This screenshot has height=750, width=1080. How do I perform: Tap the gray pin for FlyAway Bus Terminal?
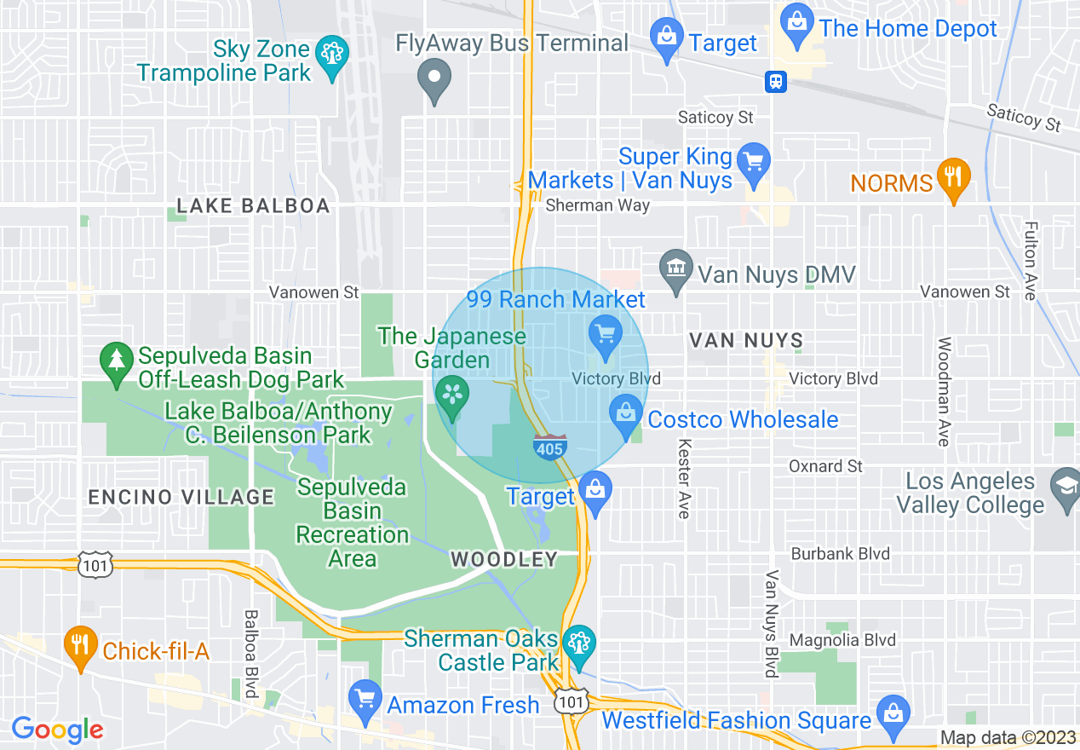click(x=434, y=79)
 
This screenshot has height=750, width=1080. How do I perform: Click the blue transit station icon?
click(x=775, y=82)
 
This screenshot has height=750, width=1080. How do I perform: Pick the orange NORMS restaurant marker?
click(x=953, y=176)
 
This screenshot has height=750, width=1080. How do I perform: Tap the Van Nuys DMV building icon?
click(x=676, y=268)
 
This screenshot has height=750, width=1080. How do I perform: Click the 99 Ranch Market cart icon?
click(x=606, y=333)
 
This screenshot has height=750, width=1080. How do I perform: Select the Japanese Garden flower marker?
click(x=451, y=395)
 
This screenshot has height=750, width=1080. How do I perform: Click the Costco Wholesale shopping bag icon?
click(x=626, y=413)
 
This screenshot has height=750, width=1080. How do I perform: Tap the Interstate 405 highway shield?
click(x=549, y=446)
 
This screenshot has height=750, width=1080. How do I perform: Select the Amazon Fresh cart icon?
click(x=365, y=698)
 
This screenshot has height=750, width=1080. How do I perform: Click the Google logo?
click(x=57, y=730)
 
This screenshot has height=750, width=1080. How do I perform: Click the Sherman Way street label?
click(x=597, y=205)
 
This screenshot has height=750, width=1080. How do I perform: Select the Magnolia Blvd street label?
click(x=842, y=640)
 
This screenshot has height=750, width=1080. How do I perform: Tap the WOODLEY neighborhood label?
click(x=503, y=560)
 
